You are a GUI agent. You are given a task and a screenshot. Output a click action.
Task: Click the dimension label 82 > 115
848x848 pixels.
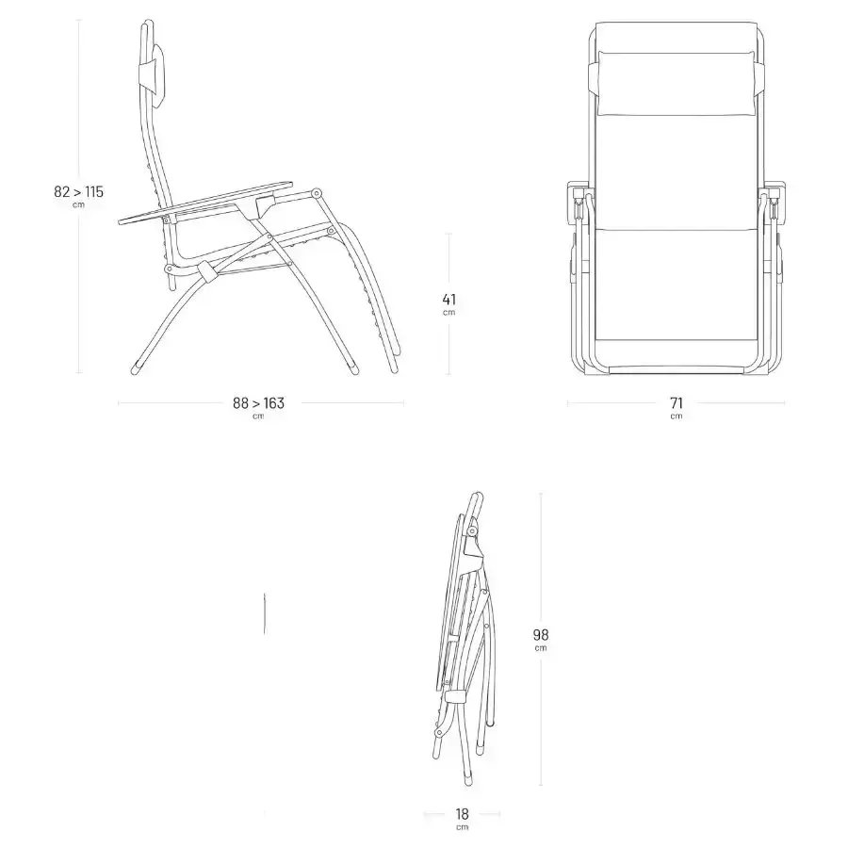point(78,191)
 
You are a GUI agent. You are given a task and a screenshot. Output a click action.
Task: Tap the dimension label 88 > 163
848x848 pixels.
point(258,403)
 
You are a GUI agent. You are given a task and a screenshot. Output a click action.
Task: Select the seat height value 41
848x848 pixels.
point(448,299)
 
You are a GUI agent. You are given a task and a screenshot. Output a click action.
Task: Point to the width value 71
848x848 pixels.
point(676,403)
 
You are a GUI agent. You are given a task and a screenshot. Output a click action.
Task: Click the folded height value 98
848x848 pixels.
point(540,634)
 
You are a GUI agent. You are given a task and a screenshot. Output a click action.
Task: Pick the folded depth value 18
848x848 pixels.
point(462,813)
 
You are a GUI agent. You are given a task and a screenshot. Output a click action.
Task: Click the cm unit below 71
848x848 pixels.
point(676,416)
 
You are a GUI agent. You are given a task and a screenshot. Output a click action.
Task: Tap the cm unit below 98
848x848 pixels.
point(540,648)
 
